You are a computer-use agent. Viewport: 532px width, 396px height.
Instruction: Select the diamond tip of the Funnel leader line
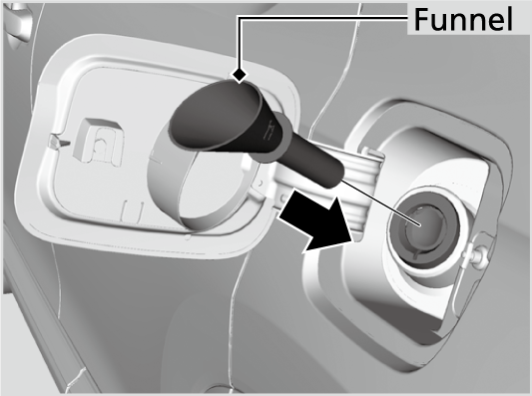tap(240, 74)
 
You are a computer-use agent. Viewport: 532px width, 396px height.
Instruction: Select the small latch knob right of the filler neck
tap(485, 257)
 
